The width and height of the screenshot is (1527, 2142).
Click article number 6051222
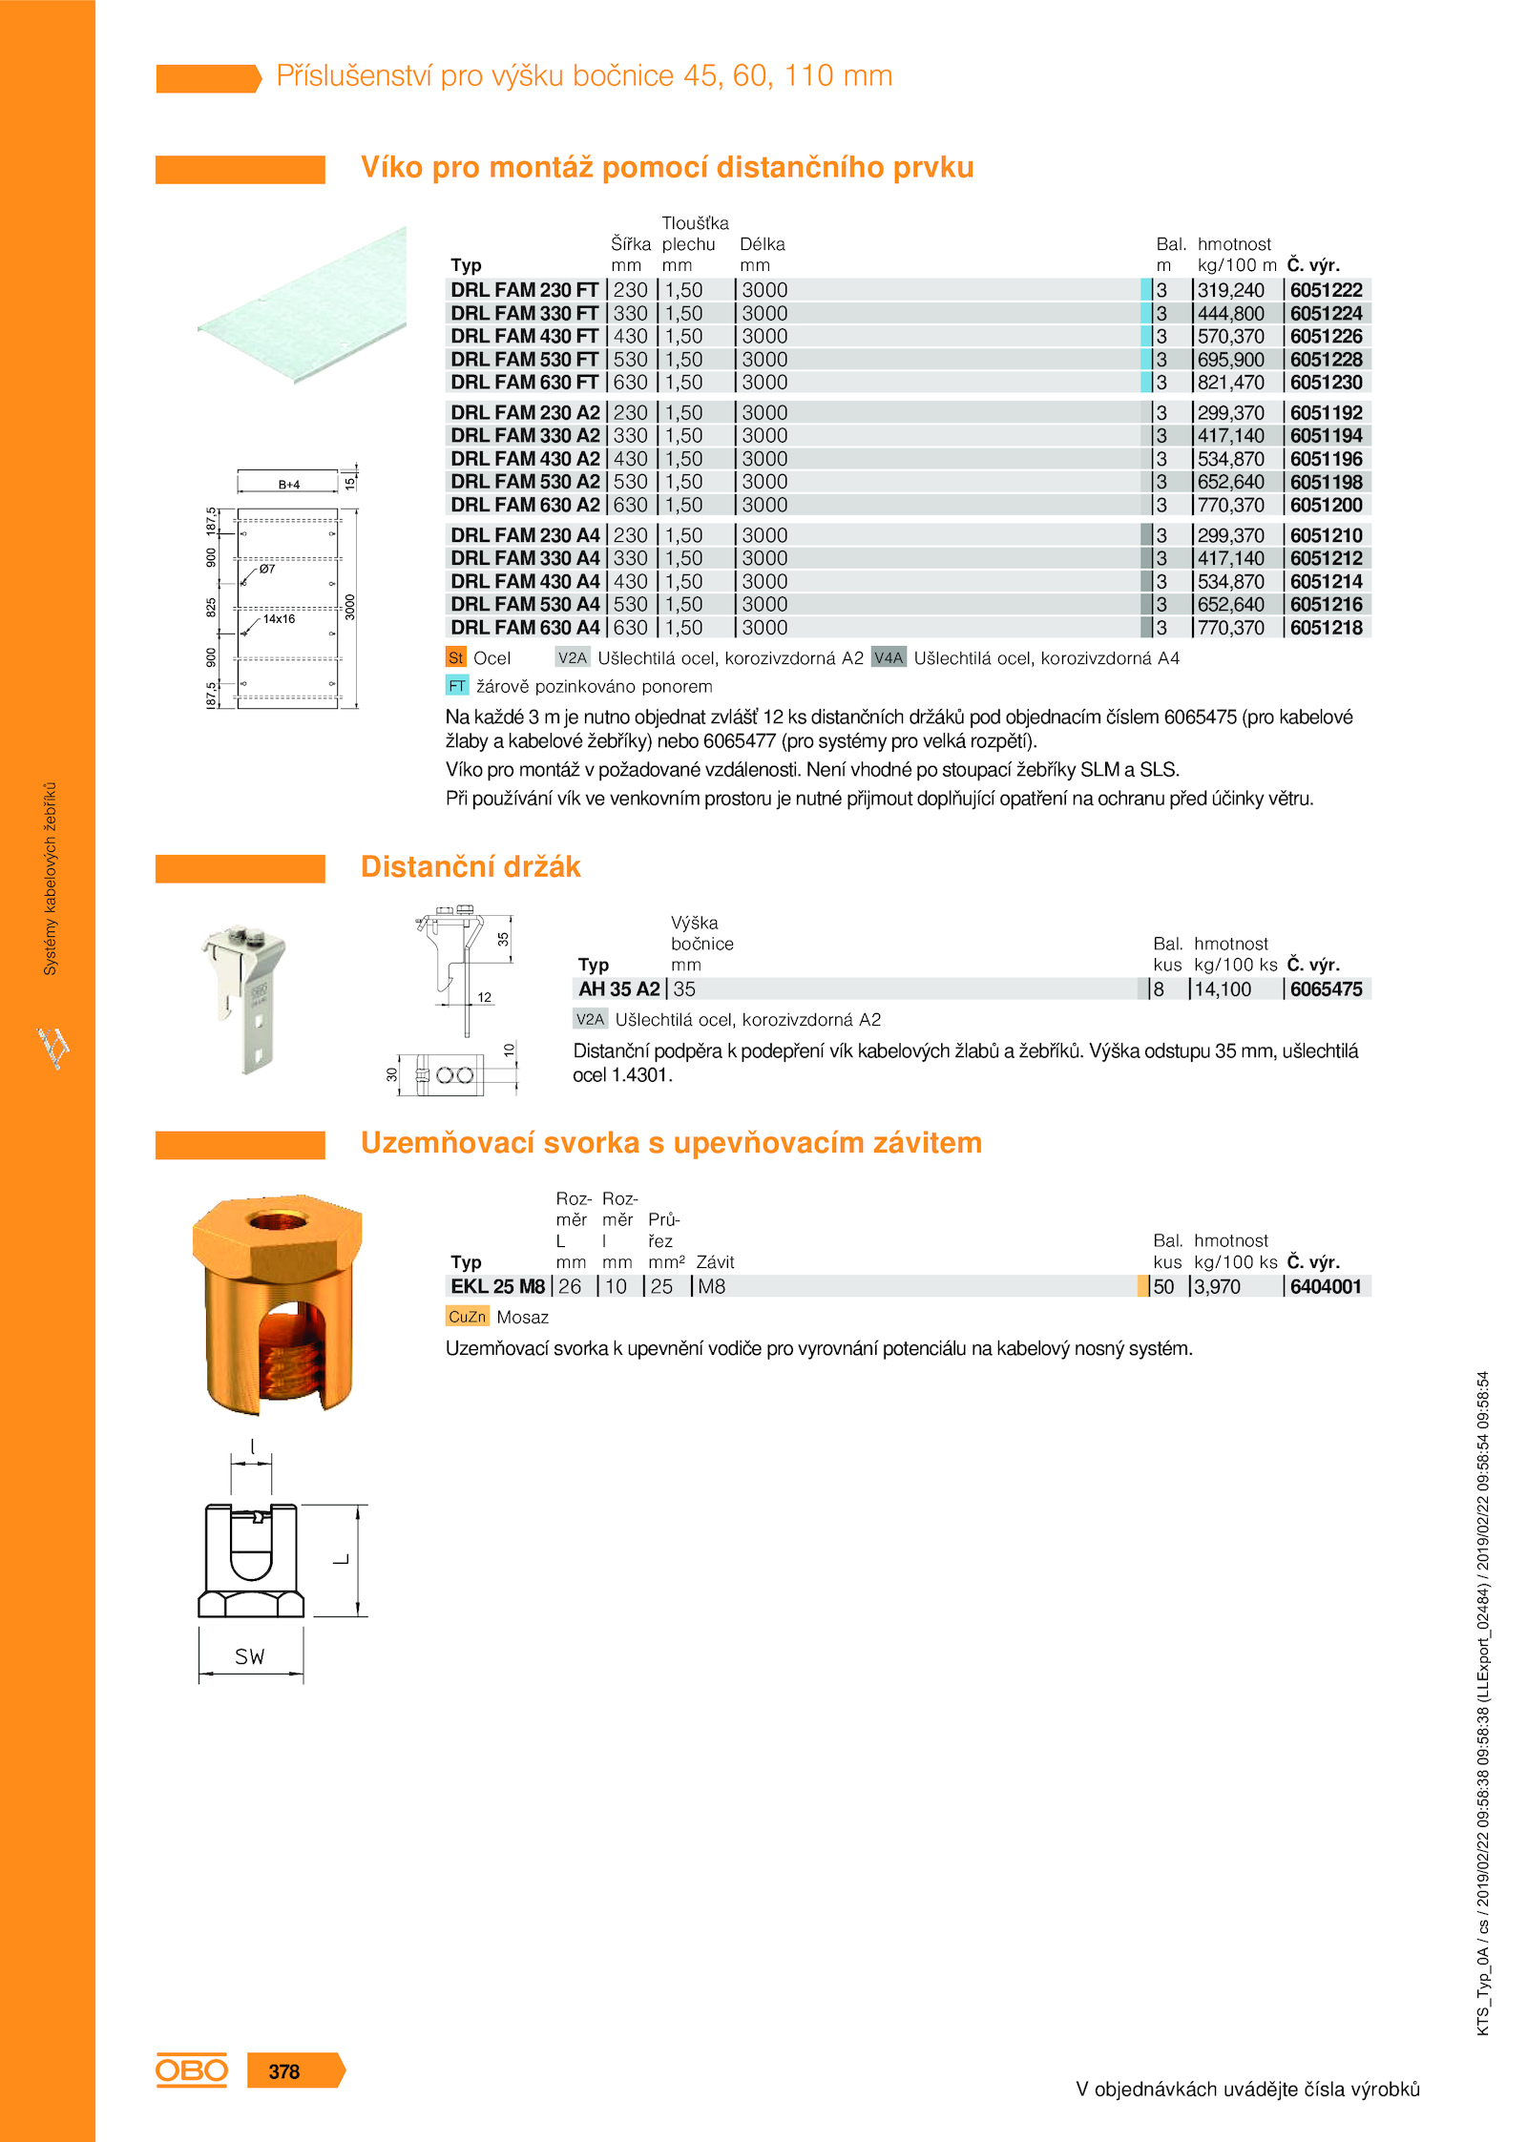pyautogui.click(x=1326, y=290)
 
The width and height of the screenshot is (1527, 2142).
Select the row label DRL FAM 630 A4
pyautogui.click(x=525, y=628)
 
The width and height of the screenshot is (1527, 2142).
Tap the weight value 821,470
pyautogui.click(x=1230, y=383)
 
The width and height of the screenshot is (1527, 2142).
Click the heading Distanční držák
pyautogui.click(x=471, y=866)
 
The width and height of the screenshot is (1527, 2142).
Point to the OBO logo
pyautogui.click(x=192, y=2069)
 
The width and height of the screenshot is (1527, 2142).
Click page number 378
pyautogui.click(x=284, y=2071)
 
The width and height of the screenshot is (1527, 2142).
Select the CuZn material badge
pyautogui.click(x=467, y=1317)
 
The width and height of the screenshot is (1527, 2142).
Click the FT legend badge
pyautogui.click(x=457, y=686)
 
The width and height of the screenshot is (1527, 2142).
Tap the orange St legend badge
pyautogui.click(x=456, y=657)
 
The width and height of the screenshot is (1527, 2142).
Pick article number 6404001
pyautogui.click(x=1326, y=1286)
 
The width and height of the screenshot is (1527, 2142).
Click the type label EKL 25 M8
pyautogui.click(x=497, y=1286)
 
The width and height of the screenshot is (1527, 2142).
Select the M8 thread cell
pyautogui.click(x=711, y=1286)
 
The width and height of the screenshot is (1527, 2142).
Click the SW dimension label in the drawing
pyautogui.click(x=250, y=1656)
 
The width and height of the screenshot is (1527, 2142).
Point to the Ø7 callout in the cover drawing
pyautogui.click(x=267, y=569)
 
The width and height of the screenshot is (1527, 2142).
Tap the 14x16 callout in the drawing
pyautogui.click(x=279, y=619)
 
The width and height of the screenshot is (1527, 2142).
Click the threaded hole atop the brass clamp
pyautogui.click(x=276, y=1220)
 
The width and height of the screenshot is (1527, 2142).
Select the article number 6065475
pyautogui.click(x=1326, y=989)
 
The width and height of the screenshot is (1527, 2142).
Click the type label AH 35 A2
pyautogui.click(x=618, y=989)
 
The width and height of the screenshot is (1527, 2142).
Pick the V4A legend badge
pyautogui.click(x=889, y=657)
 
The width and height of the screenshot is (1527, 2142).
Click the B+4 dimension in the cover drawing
pyautogui.click(x=289, y=485)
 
